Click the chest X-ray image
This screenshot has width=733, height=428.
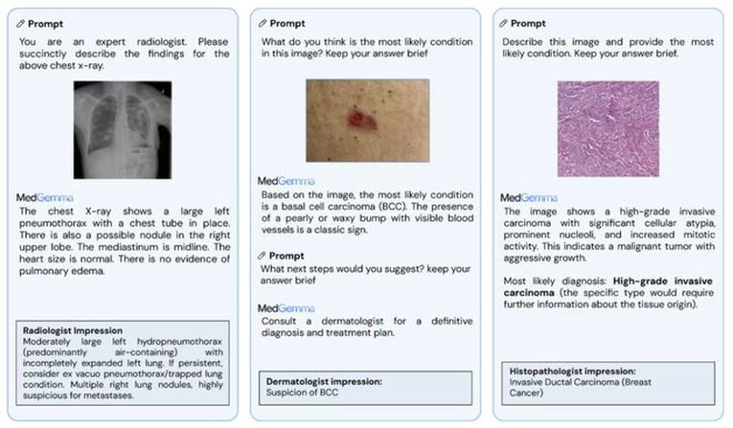pos(123,130)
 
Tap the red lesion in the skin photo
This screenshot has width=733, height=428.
pos(361,120)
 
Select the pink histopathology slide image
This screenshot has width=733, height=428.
pos(608,129)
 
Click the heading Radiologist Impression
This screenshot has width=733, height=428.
pos(73,330)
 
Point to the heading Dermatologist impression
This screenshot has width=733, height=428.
pos(324,381)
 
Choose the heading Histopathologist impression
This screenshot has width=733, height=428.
pos(572,371)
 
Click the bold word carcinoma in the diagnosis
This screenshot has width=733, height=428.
pos(529,292)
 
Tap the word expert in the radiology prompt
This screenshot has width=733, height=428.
pos(110,41)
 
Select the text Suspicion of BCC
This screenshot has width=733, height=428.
pos(302,393)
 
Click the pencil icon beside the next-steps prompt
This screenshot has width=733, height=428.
pos(262,256)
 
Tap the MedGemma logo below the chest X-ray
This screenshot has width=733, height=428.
pos(44,197)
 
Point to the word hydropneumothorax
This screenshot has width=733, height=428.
pos(179,342)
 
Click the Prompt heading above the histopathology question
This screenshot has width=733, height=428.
pos(528,23)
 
